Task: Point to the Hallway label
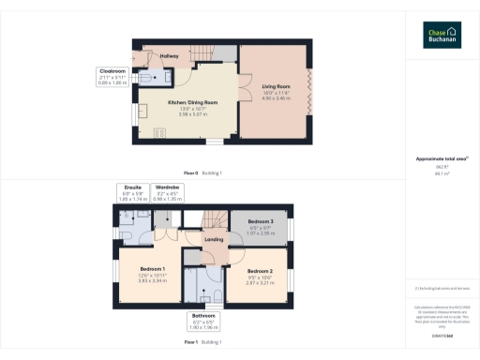pos(169,56)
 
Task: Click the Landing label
pos(214,240)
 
